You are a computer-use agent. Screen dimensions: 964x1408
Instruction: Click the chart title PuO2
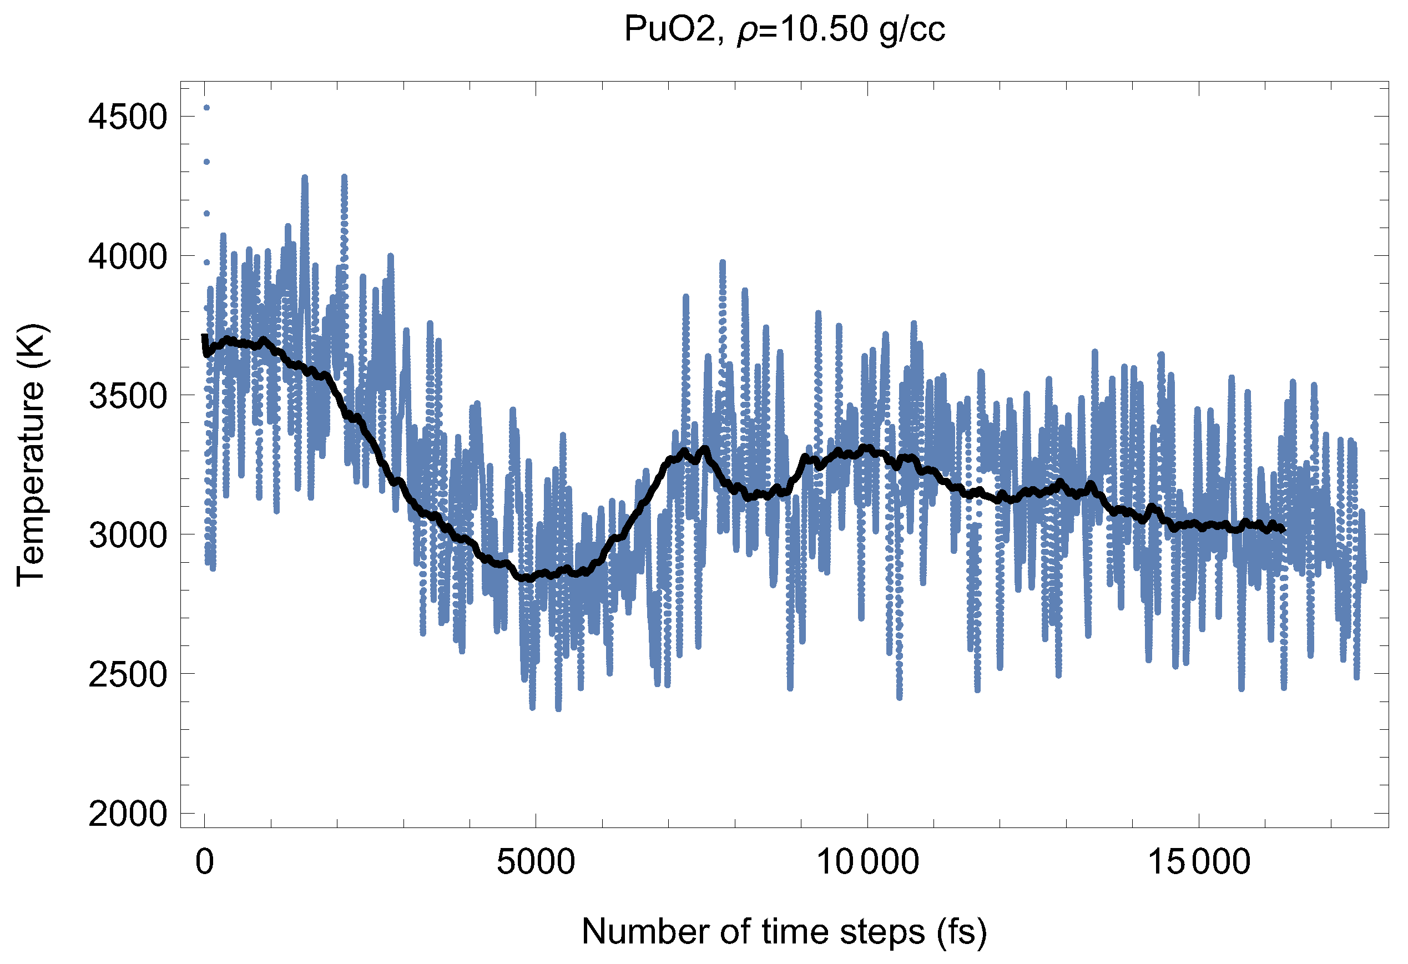coord(670,29)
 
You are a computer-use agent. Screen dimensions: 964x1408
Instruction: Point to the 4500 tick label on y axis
coord(127,117)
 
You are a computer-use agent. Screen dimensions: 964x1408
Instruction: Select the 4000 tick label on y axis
coord(127,256)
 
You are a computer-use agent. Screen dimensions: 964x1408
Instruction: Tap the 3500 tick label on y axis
coord(127,396)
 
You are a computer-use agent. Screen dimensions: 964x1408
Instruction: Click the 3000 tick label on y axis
coord(127,535)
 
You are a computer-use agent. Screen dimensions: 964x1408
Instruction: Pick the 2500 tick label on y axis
coord(127,674)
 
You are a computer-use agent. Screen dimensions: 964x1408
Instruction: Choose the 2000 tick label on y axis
coord(127,814)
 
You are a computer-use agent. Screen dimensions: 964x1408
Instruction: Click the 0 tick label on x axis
coord(205,861)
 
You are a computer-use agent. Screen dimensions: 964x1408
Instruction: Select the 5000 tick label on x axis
coord(536,861)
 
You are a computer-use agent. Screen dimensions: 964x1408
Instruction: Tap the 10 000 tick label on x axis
coord(867,861)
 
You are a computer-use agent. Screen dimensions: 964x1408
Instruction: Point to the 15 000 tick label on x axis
coord(1199,861)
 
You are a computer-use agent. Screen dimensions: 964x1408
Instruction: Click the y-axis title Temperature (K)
coord(31,456)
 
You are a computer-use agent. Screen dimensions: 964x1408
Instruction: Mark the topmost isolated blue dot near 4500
coord(206,108)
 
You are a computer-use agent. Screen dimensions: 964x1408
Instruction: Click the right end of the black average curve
coord(1283,530)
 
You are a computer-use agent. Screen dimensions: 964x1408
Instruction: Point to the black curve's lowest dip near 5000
coord(526,578)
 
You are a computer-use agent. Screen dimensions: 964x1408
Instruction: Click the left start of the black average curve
coord(205,337)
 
